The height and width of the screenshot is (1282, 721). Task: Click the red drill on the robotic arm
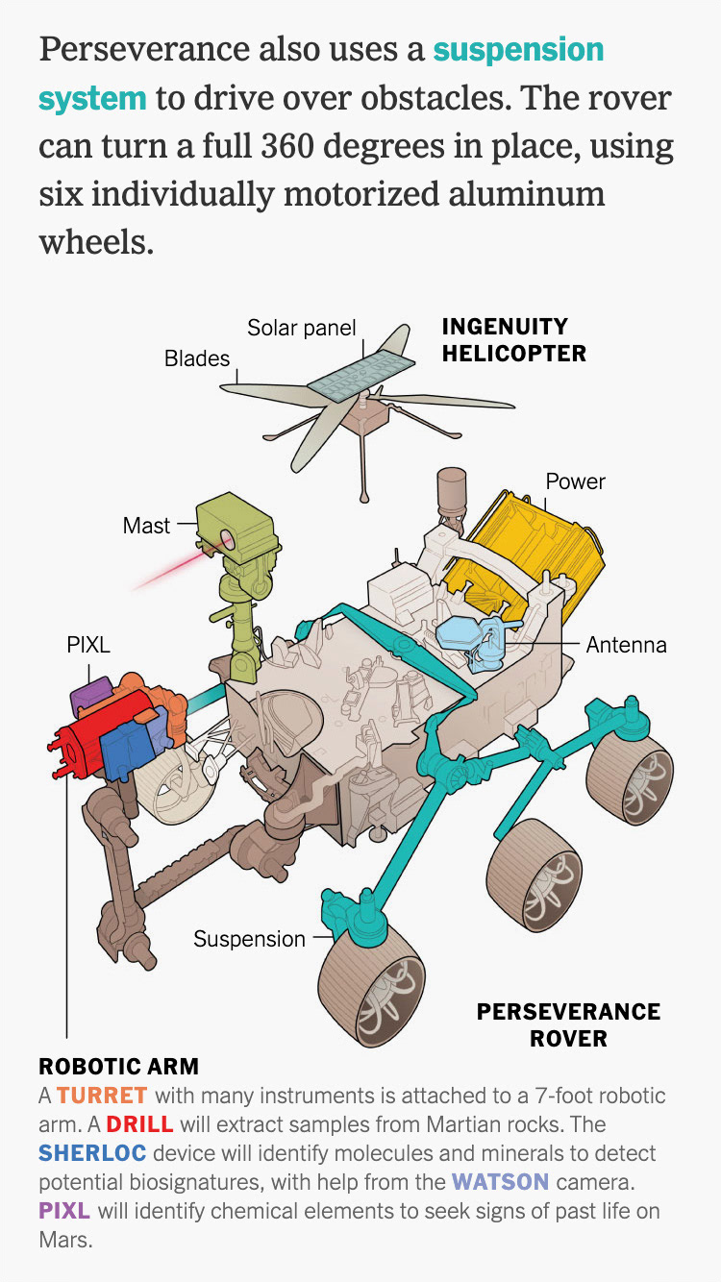(x=91, y=741)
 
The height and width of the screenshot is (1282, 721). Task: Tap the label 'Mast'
(x=146, y=526)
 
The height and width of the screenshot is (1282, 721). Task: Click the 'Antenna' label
(x=627, y=645)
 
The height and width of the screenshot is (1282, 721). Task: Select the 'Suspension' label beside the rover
(x=249, y=939)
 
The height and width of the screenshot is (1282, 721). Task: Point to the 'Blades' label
(x=197, y=358)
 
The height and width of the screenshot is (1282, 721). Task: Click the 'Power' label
(x=576, y=481)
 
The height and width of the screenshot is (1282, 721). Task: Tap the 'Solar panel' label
(x=302, y=328)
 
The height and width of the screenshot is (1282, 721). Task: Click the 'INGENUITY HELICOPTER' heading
(x=513, y=340)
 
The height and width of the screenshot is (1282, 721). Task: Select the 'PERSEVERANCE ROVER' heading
(x=569, y=1025)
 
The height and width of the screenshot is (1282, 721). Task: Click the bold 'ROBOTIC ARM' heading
(x=118, y=1066)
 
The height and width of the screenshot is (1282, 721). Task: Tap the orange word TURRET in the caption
(x=102, y=1096)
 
